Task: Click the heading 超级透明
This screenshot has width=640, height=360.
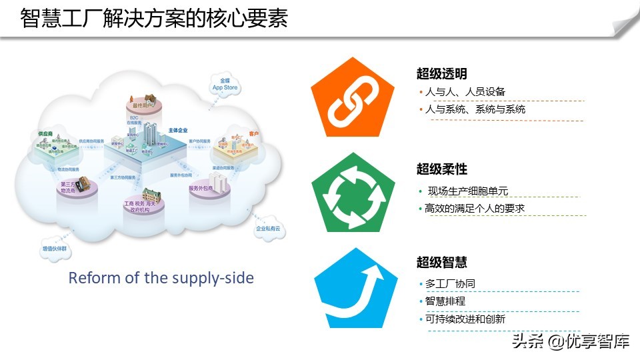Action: click(441, 74)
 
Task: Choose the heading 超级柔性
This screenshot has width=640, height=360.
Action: click(441, 169)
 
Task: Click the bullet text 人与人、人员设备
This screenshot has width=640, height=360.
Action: click(465, 92)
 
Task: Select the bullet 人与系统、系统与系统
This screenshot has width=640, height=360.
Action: click(475, 109)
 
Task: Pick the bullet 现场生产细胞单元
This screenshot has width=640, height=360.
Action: click(467, 191)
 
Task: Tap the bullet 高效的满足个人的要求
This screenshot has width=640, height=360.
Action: click(475, 209)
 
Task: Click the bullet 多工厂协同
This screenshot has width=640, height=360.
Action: click(450, 284)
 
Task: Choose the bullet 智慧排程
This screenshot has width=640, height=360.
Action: click(445, 301)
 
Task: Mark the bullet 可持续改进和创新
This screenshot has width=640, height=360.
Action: click(465, 319)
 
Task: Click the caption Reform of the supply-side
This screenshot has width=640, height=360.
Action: click(161, 277)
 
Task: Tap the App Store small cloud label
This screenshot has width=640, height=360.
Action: click(225, 84)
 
